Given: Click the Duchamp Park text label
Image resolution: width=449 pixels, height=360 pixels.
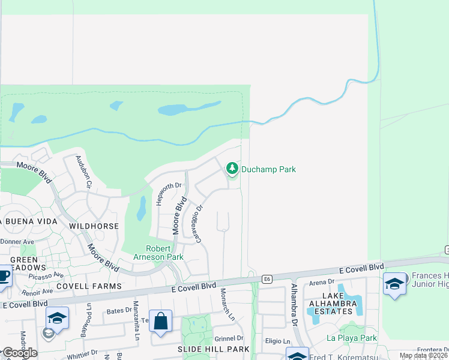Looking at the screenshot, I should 268,169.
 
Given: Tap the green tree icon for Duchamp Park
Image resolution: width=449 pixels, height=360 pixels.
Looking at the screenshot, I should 232,169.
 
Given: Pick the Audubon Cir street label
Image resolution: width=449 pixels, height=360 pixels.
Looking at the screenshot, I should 83,172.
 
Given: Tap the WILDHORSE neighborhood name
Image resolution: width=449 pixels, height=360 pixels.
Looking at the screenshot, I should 93,226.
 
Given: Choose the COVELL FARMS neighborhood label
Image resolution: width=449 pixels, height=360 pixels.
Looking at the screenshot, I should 95,286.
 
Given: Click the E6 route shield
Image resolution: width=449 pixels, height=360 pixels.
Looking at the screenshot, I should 267,278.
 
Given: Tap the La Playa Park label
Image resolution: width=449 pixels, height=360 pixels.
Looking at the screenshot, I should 352,338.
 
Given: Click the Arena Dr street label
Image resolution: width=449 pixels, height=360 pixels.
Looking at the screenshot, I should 322,281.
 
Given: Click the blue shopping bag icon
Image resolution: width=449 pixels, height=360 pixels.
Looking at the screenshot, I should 161,321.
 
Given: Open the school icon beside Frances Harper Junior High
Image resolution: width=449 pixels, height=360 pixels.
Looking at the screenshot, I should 394,284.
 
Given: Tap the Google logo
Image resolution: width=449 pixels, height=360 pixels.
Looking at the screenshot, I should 19,353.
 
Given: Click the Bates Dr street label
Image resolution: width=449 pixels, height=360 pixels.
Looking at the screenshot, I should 118,311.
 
